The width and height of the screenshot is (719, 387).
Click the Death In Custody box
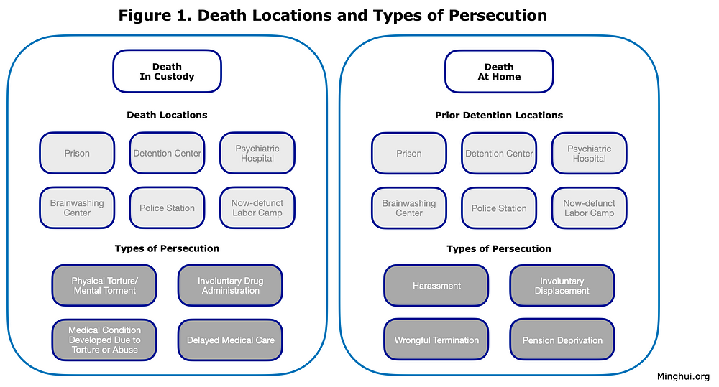167,72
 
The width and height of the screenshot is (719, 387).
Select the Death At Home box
499,72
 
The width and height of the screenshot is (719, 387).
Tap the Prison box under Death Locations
77,153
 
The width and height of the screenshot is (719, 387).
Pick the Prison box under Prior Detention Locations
409,153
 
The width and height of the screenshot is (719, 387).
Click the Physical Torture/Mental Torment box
104,286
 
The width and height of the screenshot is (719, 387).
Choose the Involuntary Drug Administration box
230,286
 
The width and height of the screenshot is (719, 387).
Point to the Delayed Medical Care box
230,340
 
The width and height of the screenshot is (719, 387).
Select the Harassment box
436,286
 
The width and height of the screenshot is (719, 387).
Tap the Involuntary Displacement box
562,286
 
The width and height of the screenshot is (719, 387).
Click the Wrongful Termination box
436,340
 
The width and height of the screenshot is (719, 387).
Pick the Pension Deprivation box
562,340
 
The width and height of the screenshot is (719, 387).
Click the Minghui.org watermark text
683,376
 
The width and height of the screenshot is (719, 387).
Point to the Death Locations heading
167,115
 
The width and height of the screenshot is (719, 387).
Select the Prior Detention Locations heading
499,115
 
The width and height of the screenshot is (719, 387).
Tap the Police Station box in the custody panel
167,208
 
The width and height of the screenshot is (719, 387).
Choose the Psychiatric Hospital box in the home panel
590,153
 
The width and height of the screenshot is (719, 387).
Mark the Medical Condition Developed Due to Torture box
104,340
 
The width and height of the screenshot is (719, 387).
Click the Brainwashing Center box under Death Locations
77,208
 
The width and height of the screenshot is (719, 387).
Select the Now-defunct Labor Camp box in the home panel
590,208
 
